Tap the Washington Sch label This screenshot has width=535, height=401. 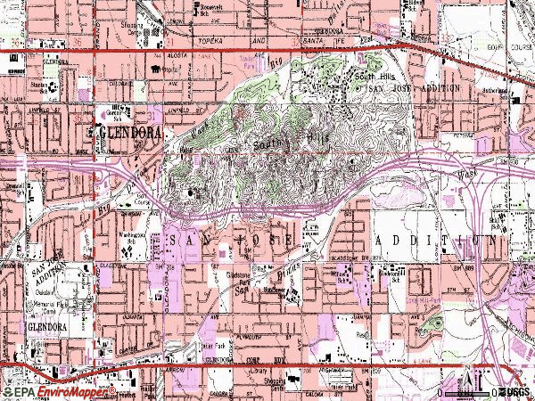[x=128, y=237]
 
